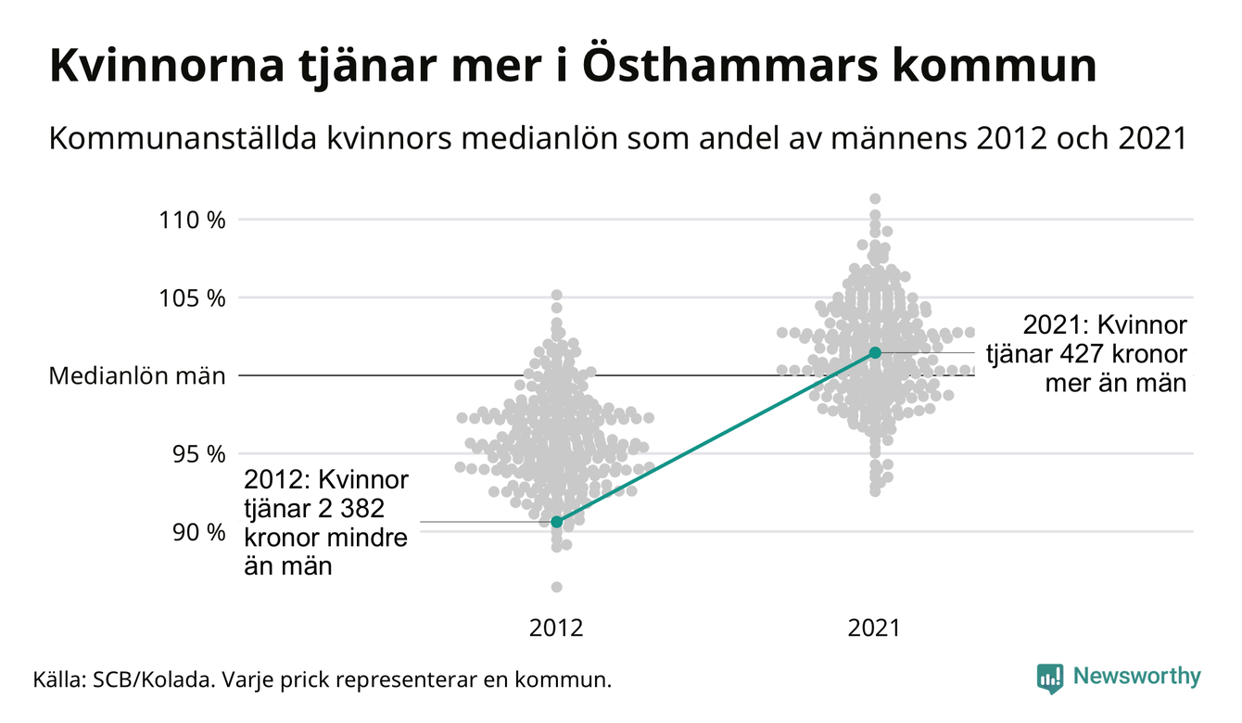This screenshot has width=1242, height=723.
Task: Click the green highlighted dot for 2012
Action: (x=556, y=522)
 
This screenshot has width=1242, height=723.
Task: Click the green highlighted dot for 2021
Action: (x=875, y=352)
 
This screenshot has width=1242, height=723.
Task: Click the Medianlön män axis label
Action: (x=137, y=376)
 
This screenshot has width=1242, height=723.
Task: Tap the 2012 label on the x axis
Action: (x=556, y=628)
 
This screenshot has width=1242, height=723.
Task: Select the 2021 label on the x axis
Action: (x=874, y=628)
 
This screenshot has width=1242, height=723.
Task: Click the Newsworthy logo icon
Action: (x=1049, y=678)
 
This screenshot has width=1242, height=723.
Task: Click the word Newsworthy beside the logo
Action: (x=1136, y=677)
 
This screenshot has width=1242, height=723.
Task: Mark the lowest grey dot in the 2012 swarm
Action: (x=556, y=587)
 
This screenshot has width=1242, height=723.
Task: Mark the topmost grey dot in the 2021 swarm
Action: (x=875, y=198)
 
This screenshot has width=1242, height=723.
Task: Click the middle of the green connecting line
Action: (x=716, y=438)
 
